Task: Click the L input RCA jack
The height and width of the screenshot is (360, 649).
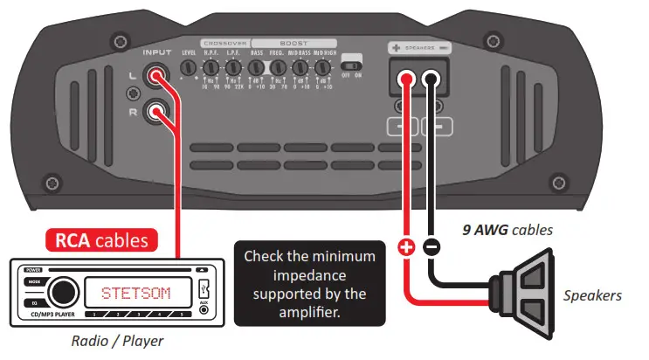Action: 158,80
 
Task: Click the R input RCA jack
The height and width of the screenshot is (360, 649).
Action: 158,111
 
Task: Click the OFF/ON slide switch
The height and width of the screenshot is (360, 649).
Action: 352,66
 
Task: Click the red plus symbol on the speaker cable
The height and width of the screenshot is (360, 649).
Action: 406,247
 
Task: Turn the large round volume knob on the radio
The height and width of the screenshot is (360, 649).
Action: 62,291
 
